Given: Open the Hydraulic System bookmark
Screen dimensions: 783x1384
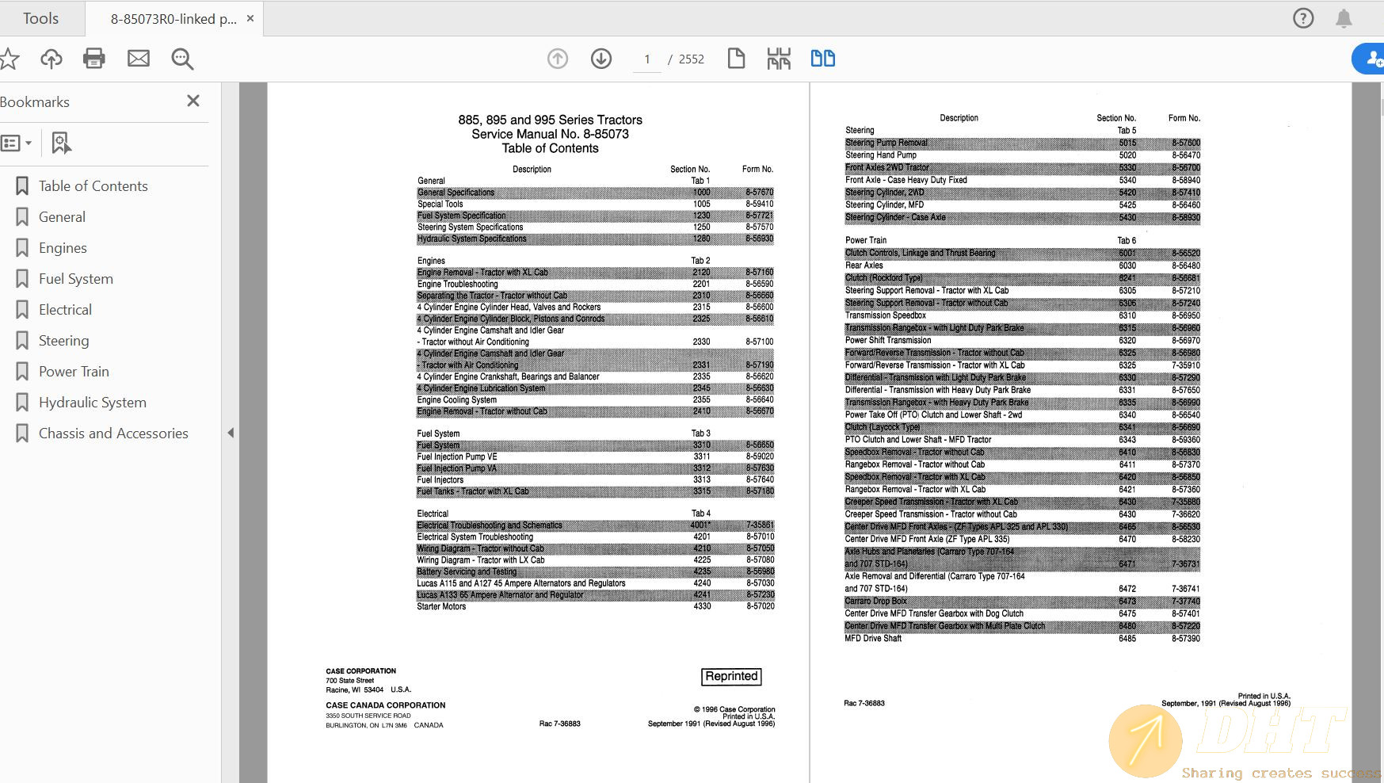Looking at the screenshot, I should tap(92, 403).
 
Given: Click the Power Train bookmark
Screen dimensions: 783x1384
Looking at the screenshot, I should tap(74, 372).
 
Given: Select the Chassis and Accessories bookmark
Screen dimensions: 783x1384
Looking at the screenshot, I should tap(113, 434).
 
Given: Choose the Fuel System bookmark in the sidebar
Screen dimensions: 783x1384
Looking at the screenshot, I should tap(75, 279).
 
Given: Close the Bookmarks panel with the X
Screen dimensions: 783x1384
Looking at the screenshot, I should tap(193, 101).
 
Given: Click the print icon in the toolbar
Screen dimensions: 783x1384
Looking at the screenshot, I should tap(94, 59).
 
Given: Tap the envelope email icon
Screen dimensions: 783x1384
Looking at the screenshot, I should tap(139, 59).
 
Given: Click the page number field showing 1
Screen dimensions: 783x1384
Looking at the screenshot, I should tap(647, 59).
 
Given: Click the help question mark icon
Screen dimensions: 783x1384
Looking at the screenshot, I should tap(1302, 18).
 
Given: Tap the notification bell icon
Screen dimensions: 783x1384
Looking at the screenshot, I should tap(1344, 18).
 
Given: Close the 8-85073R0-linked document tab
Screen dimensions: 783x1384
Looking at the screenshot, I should tap(250, 18).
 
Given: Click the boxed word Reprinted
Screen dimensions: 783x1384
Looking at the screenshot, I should tap(731, 676).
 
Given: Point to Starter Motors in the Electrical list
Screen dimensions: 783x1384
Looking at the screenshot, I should tap(441, 606).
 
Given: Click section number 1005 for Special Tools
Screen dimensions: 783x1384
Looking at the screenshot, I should tap(702, 204).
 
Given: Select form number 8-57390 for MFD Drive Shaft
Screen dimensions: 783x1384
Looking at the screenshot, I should tap(1186, 639).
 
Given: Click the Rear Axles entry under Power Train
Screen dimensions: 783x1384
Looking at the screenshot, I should tap(864, 265).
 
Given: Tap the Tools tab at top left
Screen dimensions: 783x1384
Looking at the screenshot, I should tap(40, 18).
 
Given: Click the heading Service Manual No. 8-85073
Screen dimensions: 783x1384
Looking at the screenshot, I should tap(550, 134).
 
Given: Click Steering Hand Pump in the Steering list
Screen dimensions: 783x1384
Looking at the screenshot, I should tap(880, 155).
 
